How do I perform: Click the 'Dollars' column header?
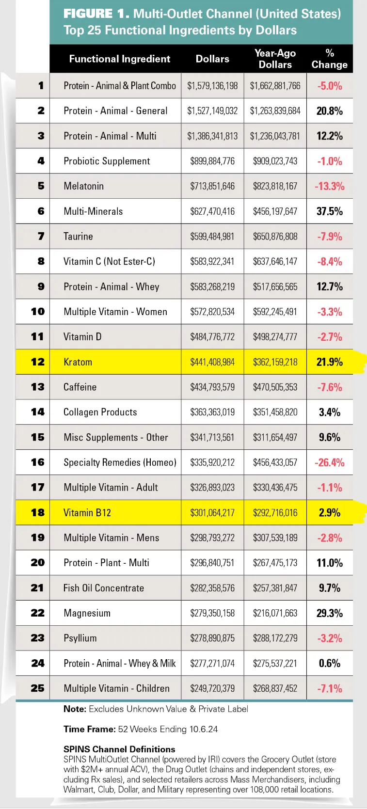tap(212, 59)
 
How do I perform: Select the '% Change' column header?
tap(330, 59)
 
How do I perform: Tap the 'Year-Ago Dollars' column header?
tap(275, 59)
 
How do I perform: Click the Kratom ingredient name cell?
tap(78, 362)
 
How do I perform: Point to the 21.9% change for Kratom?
tap(330, 362)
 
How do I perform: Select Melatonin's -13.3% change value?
tap(330, 186)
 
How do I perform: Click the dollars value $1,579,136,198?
tap(212, 86)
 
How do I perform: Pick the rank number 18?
tap(37, 512)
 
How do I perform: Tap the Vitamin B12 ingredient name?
tap(87, 513)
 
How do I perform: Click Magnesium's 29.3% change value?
tap(330, 613)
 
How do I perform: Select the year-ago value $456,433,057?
tap(275, 462)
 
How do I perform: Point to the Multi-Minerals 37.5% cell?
tap(330, 211)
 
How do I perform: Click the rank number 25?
tap(37, 688)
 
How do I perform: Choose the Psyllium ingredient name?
tap(80, 638)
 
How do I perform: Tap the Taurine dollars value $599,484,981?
tap(212, 237)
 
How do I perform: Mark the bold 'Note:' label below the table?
tap(75, 709)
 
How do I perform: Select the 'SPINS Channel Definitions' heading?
tap(119, 749)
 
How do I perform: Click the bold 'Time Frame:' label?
tap(90, 729)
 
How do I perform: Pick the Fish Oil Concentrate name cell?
tap(104, 588)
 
